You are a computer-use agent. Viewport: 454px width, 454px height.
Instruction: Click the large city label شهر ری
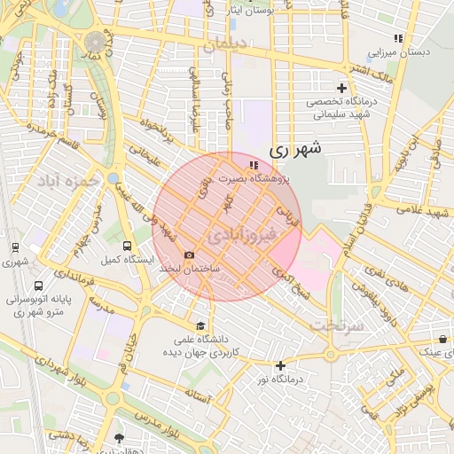coord(293,151)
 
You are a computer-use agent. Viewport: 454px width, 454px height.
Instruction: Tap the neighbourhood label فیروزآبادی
coord(242,235)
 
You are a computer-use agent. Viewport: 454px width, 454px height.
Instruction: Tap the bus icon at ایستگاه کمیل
coord(127,246)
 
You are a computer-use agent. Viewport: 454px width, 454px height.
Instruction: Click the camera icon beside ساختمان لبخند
coord(189,255)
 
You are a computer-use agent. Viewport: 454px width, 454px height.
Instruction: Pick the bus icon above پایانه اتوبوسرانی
coord(38,286)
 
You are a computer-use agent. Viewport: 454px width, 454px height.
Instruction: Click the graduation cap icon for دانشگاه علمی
coord(200,325)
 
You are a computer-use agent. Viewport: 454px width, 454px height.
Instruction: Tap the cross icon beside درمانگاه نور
coord(281,365)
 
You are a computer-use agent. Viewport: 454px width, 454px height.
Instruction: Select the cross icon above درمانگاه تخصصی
coord(342,88)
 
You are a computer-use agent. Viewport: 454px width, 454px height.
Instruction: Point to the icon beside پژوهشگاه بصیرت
coord(254,165)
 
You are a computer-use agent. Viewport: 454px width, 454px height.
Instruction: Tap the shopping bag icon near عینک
coord(442,340)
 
